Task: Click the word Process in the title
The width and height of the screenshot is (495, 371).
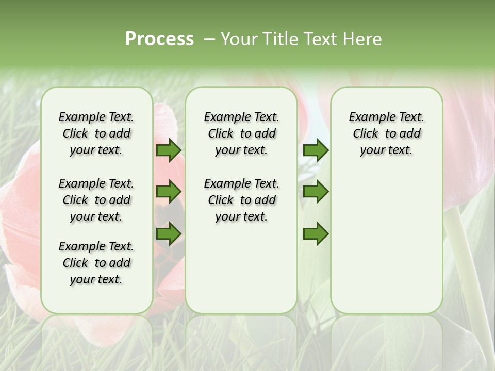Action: (x=159, y=39)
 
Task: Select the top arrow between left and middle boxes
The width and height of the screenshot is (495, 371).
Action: (x=168, y=150)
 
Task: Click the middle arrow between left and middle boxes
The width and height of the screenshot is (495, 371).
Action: (x=168, y=192)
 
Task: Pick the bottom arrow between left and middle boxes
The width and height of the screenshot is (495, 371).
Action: (x=168, y=233)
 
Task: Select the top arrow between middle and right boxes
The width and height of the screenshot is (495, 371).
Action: (x=316, y=150)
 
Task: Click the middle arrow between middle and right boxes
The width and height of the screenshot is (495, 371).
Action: (x=316, y=192)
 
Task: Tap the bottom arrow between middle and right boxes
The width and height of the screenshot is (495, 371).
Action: (x=316, y=233)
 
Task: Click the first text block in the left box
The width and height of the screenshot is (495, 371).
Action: (x=96, y=133)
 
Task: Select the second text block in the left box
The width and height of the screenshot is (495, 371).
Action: (x=96, y=200)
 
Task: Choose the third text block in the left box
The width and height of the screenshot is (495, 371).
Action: (x=96, y=263)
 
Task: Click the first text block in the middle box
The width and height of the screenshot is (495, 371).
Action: (x=241, y=133)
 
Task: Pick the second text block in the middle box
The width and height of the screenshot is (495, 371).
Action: (x=241, y=200)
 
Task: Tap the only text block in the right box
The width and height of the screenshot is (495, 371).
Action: (x=386, y=133)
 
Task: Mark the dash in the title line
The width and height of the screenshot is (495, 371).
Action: (x=209, y=39)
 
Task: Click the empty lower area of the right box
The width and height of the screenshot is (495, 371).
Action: (x=386, y=247)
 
